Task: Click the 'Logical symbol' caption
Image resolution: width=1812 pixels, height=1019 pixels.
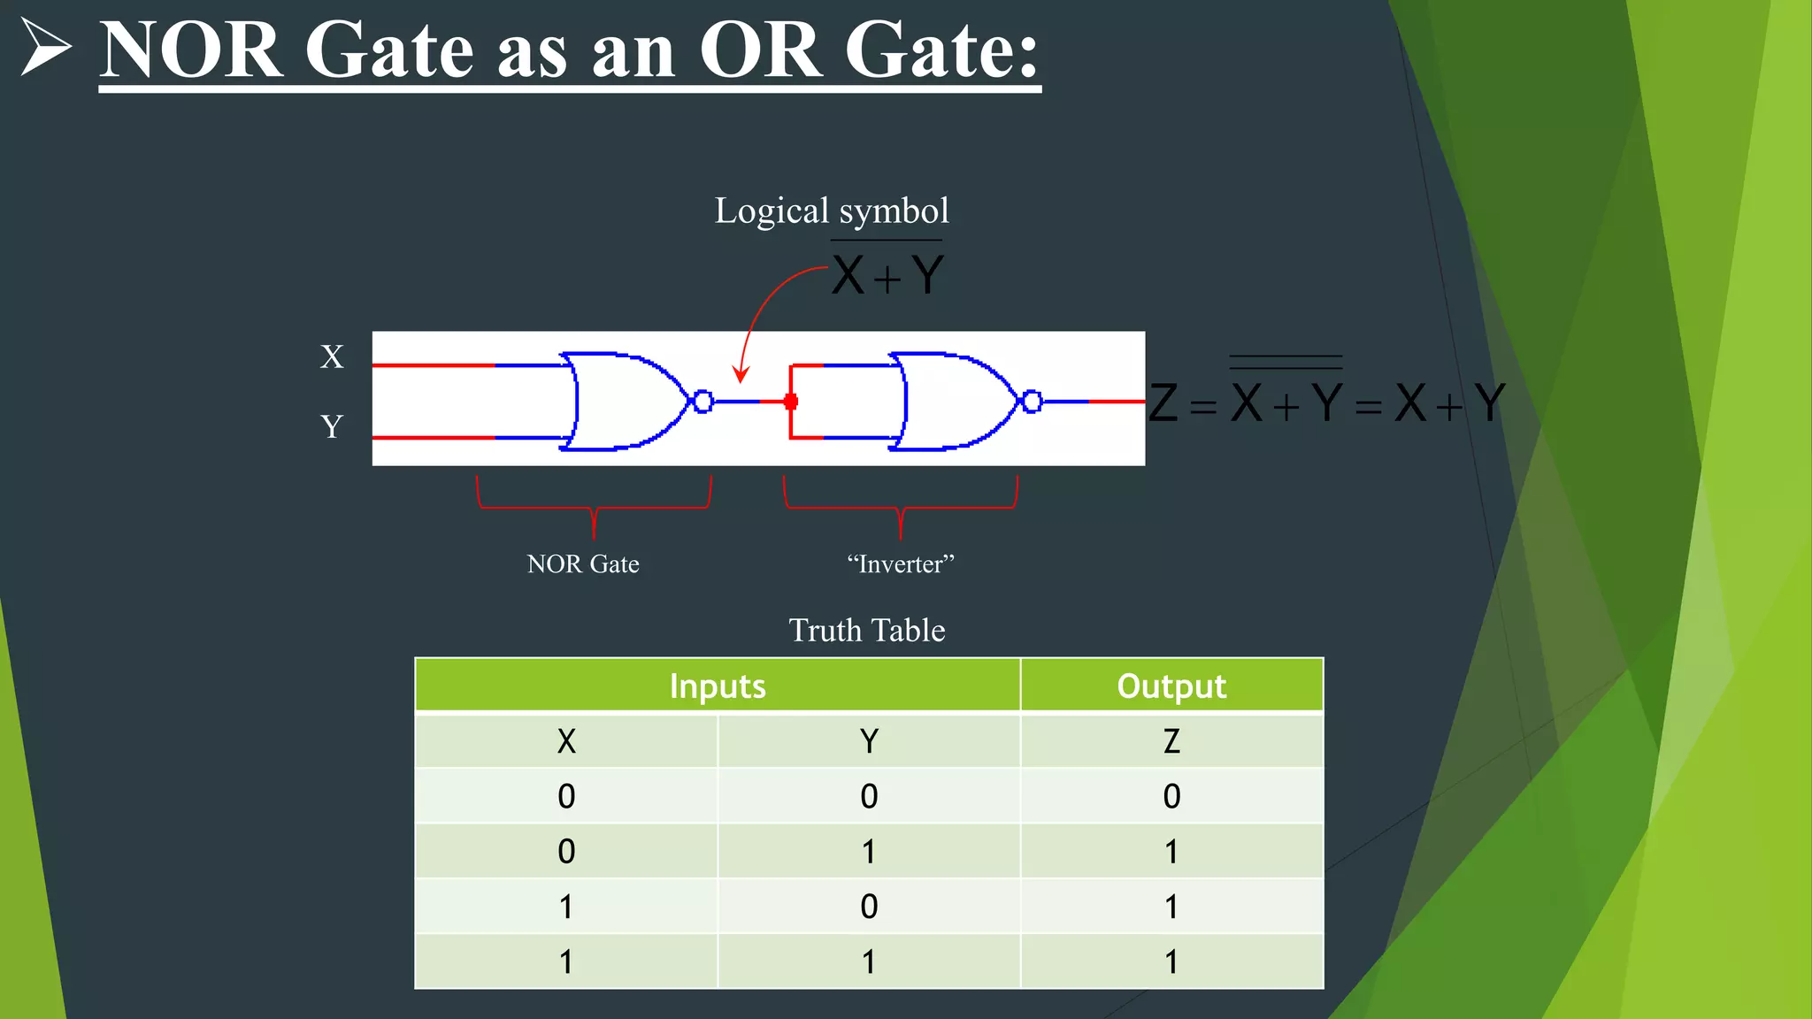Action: coord(832,211)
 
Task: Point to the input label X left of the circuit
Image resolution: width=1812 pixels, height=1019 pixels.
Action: coord(332,357)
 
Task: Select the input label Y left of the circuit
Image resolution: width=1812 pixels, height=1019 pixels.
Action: coord(332,427)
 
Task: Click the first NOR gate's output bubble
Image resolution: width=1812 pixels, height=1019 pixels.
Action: coord(703,402)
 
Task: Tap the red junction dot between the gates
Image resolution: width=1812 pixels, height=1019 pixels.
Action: coord(791,402)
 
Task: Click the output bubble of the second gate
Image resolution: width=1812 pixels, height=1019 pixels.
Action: coord(1032,402)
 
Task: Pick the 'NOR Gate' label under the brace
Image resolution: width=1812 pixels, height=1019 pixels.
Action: coord(583,564)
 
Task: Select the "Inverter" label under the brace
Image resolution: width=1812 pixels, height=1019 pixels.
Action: coord(901,564)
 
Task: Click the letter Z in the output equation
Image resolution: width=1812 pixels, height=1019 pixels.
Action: coord(1163,403)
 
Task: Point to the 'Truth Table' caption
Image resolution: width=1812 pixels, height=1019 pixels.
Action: coord(867,631)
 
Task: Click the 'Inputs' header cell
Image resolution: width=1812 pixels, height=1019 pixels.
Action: coord(718,686)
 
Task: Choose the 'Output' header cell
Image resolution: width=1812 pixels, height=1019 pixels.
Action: coord(1171,686)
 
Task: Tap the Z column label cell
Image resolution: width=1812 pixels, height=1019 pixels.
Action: coord(1171,741)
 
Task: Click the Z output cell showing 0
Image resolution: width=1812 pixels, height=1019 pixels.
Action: coord(1171,796)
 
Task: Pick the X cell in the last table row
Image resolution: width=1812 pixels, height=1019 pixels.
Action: coord(566,962)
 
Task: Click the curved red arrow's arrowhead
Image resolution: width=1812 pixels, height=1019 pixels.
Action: coord(741,375)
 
